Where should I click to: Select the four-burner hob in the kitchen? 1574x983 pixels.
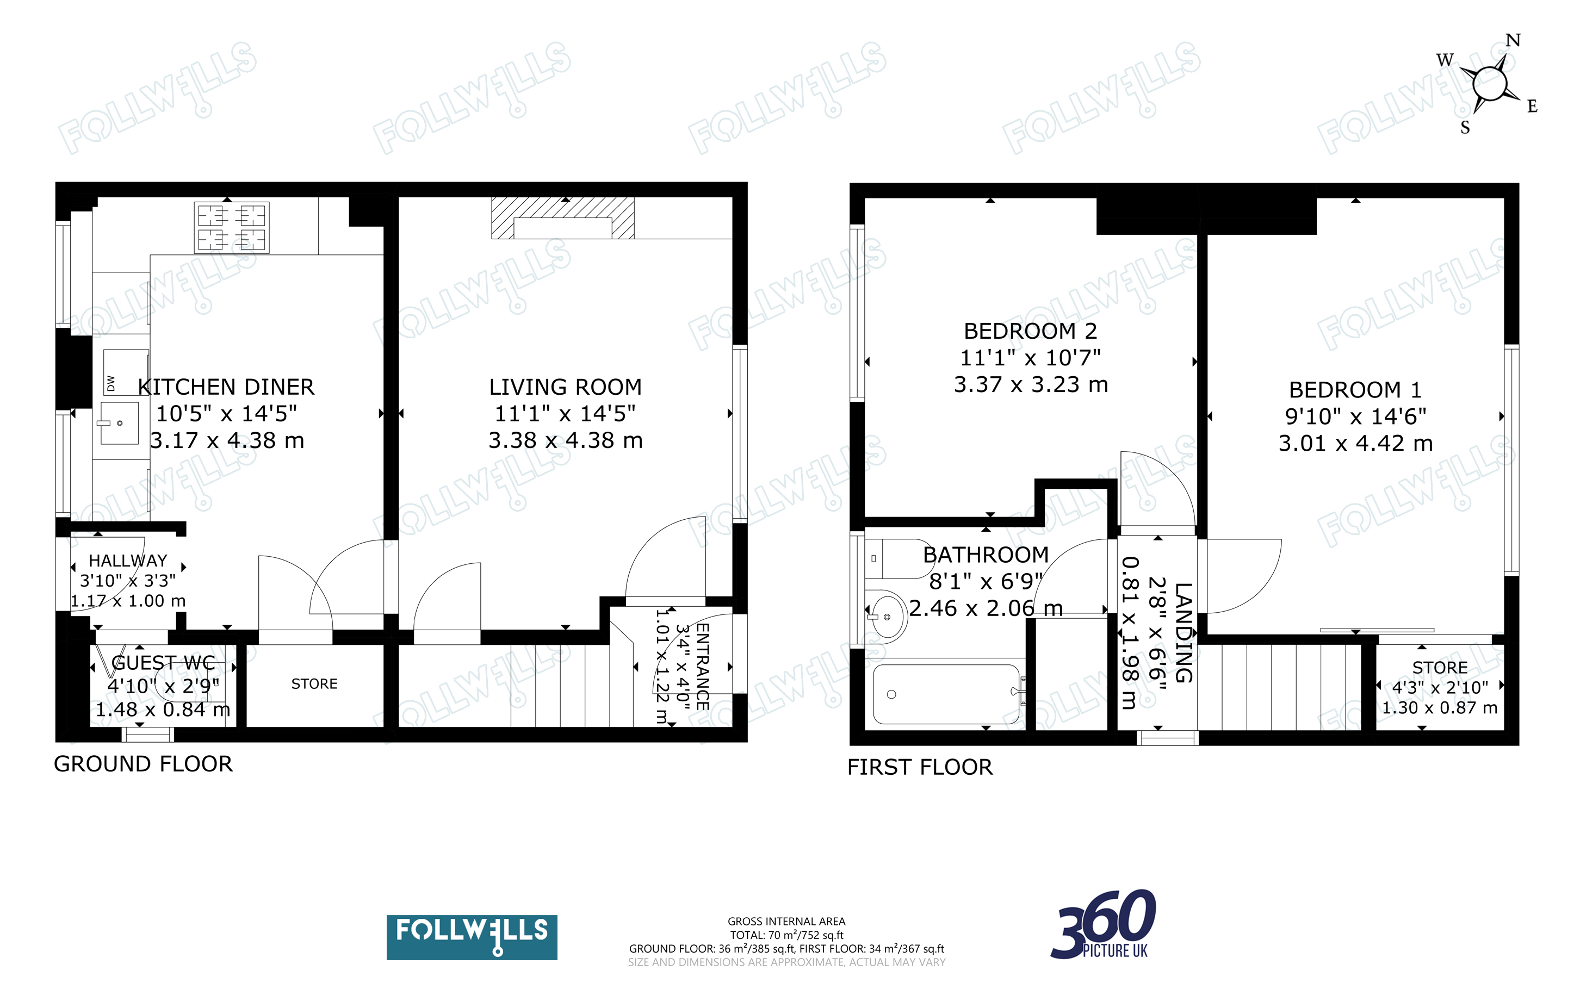[x=232, y=227]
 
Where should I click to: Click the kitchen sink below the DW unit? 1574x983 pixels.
[x=119, y=423]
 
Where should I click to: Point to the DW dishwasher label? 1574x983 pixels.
[x=110, y=384]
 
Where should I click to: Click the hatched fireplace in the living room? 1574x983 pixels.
[x=563, y=219]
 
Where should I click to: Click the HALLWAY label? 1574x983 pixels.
[x=128, y=561]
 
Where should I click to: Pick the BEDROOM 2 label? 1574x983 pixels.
[x=1031, y=331]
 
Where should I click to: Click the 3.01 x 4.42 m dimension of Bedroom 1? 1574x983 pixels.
[x=1355, y=444]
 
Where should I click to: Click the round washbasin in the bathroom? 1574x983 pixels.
[x=885, y=615]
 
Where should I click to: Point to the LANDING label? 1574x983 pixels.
[x=1184, y=632]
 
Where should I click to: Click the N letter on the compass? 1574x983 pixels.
[x=1513, y=40]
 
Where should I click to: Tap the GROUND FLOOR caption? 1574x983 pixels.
[x=143, y=764]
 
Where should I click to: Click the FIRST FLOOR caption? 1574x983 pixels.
[x=920, y=767]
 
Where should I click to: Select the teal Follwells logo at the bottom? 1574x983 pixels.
[x=472, y=937]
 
